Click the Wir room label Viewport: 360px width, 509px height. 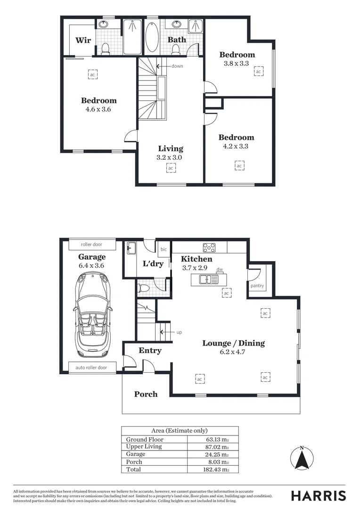(83, 40)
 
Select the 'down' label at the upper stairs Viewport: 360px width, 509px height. (177, 66)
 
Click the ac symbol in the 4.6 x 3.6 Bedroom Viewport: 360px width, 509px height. (92, 74)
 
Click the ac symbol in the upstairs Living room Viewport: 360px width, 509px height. (171, 168)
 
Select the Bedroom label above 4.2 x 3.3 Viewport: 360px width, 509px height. (236, 138)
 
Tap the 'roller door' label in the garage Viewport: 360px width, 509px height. (91, 245)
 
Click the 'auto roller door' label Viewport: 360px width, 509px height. (91, 368)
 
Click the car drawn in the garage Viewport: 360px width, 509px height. (92, 315)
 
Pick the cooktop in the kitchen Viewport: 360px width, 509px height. (209, 247)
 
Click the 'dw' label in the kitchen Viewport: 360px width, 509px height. (219, 270)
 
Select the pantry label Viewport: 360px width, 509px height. (257, 286)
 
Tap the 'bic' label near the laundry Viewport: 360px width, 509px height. (164, 249)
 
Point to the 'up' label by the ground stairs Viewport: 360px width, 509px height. (179, 332)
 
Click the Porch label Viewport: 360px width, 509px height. (146, 394)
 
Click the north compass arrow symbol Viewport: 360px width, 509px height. (302, 459)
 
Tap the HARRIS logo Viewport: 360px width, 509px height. (318, 495)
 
